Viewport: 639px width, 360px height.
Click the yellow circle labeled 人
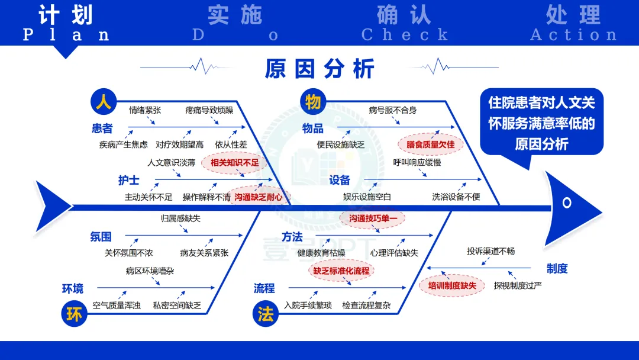point(104,102)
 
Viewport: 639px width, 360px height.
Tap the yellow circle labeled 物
point(314,102)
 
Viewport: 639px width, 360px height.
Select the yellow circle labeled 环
point(75,314)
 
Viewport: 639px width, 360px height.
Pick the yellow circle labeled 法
point(266,314)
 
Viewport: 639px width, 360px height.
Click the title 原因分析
point(319,69)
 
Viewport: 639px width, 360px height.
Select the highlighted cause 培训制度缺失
point(452,285)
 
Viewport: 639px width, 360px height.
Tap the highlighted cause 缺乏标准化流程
point(341,271)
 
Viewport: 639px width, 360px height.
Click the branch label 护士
point(128,180)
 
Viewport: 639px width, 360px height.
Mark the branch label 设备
point(340,180)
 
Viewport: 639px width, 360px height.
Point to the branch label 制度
point(557,269)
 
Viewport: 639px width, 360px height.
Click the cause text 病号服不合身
point(393,110)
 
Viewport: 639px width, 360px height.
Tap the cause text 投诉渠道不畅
point(490,251)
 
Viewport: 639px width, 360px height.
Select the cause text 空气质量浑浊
point(117,306)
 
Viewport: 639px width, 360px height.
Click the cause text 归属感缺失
point(180,218)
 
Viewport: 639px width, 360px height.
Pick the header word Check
point(405,35)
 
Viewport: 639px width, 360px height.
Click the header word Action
point(573,35)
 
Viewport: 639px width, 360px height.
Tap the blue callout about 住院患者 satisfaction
point(541,124)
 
